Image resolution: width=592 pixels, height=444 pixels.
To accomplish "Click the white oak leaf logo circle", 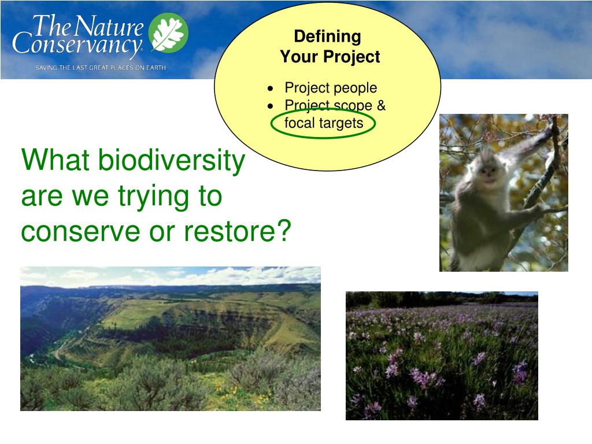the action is tap(168, 32).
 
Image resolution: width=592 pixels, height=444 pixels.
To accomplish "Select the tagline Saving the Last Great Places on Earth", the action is tap(101, 68).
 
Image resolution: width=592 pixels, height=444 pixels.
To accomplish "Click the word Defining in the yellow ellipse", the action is tap(327, 36).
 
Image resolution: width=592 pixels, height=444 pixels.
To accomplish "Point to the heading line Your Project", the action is tap(330, 56).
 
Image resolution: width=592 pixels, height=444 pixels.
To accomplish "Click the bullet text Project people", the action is tap(331, 88).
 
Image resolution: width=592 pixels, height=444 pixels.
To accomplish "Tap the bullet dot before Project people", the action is tap(270, 88).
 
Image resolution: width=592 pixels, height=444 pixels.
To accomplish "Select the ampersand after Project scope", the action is tap(381, 105).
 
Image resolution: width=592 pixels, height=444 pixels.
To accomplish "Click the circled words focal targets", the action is tap(324, 123).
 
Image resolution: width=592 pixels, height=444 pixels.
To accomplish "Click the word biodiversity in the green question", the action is tap(172, 160).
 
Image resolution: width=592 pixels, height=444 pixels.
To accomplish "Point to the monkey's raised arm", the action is tap(532, 143).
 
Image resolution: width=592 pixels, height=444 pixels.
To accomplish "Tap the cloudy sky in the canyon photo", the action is tap(171, 276).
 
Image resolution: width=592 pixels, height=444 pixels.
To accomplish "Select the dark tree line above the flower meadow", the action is tap(442, 299).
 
